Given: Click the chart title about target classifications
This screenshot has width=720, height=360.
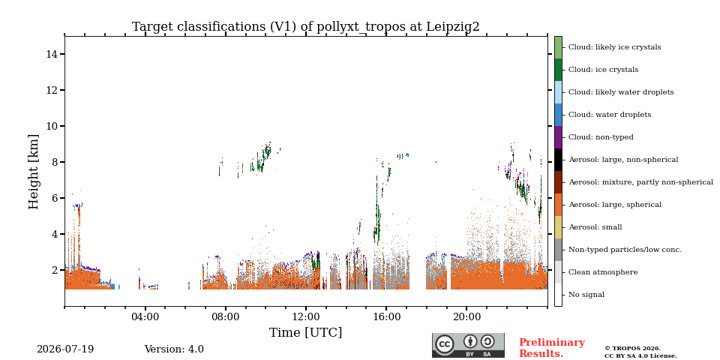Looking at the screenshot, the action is click(306, 27).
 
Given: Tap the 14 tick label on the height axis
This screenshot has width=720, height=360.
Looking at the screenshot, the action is click(52, 54).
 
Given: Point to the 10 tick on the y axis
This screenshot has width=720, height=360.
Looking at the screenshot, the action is click(62, 126).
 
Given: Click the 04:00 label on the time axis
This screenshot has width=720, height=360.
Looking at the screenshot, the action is click(145, 317).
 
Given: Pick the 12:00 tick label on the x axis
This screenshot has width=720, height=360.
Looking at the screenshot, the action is click(306, 317).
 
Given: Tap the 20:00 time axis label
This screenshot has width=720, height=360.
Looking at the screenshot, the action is click(466, 317).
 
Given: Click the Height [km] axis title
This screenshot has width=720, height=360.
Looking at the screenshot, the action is click(34, 172).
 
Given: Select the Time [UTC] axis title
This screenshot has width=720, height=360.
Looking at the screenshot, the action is click(306, 332).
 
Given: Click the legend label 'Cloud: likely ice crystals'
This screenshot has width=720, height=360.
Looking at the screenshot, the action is click(615, 47).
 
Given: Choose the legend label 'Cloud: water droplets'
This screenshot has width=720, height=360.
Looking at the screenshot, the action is click(610, 115).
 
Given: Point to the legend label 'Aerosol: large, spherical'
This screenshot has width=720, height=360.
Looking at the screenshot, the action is click(615, 205).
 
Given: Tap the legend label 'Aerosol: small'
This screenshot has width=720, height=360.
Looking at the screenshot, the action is click(595, 227).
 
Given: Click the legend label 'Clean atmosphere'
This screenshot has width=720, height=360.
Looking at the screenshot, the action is click(603, 272).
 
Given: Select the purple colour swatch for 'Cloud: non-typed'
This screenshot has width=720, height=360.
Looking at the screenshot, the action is click(558, 137).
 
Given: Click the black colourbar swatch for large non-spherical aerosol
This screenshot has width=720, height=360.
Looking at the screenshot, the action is click(558, 160).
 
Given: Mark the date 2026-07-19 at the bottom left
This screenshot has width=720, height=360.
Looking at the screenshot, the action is click(65, 349).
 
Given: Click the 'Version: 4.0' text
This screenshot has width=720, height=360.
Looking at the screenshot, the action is click(174, 349).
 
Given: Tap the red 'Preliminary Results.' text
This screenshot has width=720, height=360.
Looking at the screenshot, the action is click(552, 348).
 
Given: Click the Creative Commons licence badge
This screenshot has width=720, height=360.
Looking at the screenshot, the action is click(468, 345).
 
